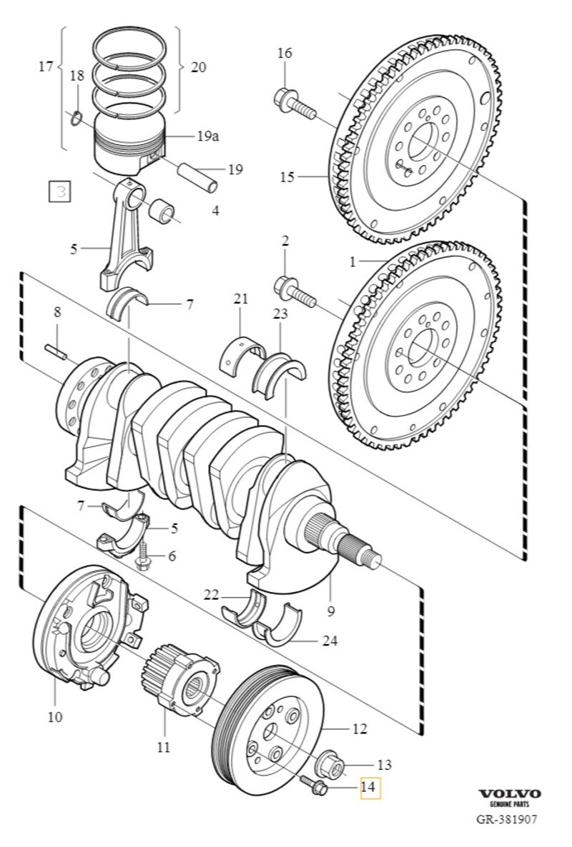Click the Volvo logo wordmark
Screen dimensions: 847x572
pos(509,793)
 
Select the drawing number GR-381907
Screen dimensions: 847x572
pos(509,819)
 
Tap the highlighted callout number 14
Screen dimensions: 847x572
pos(369,787)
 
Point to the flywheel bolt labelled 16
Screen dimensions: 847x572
pos(293,104)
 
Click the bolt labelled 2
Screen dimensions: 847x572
pos(294,291)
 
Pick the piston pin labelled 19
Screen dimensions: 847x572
pos(200,176)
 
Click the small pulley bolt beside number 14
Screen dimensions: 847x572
pos(315,786)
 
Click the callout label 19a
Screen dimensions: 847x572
pos(208,136)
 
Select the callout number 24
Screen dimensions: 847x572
pos(329,641)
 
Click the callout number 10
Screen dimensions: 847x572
pos(55,716)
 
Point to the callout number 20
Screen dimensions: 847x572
pos(198,67)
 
